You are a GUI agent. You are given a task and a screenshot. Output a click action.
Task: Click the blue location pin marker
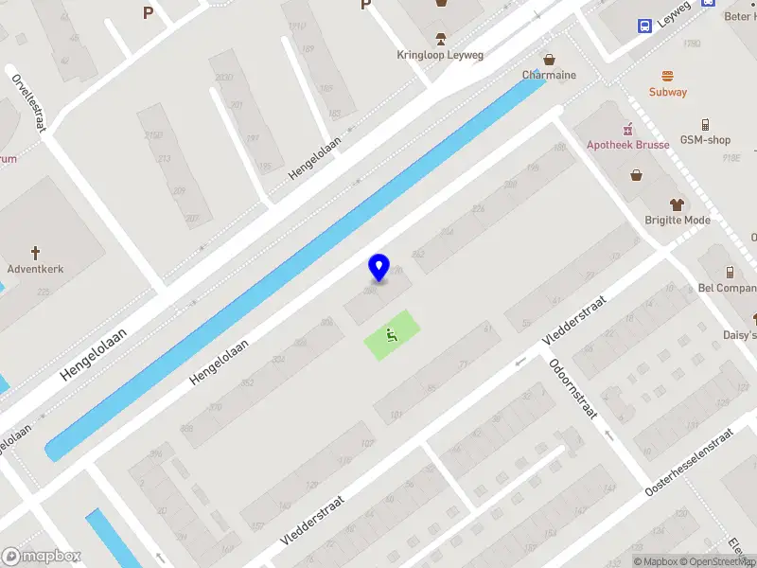coord(378,267)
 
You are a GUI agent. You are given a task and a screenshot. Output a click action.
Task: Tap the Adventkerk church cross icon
coord(37,253)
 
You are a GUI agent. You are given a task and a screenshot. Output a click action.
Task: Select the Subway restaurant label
coord(668,92)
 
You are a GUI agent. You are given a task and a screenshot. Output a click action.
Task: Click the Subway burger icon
coord(668,76)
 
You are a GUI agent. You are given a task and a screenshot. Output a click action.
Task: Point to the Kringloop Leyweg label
coord(440,55)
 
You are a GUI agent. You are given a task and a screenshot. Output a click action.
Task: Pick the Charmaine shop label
coord(549,75)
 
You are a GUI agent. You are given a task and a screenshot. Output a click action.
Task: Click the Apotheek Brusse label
coord(628,145)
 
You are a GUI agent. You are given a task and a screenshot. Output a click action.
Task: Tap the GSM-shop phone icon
coord(706,124)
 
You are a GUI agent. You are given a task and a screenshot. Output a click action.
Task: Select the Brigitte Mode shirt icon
coord(678,204)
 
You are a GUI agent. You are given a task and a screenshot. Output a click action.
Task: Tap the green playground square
coord(391,334)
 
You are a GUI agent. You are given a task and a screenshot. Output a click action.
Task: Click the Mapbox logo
coord(42,557)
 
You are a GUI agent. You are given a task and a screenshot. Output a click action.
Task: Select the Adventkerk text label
coord(36,269)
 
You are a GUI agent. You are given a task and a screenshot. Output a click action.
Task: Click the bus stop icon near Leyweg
coord(644,26)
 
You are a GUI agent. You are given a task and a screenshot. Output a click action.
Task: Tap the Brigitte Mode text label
coord(678,220)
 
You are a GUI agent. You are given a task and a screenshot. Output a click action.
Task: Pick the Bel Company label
coord(727,288)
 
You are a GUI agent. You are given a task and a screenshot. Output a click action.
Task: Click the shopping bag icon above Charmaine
coord(549,59)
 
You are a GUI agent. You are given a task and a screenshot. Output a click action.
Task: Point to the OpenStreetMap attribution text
coord(721,561)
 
